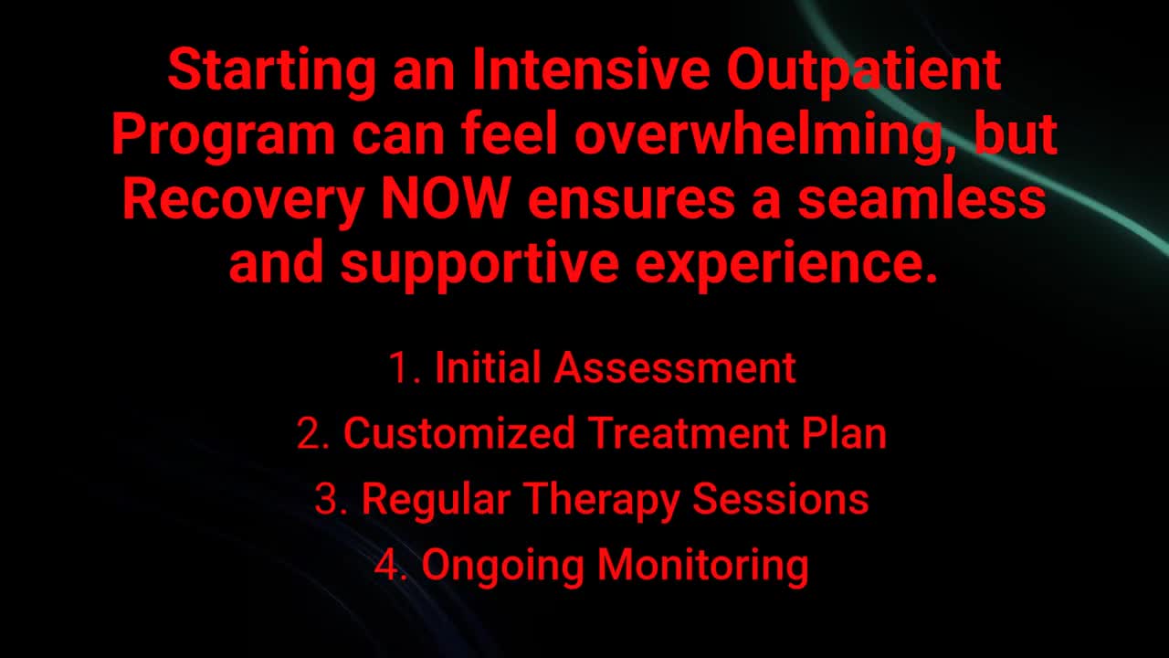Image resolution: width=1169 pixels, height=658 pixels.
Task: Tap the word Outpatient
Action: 864,71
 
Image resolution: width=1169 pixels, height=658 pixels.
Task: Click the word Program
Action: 224,135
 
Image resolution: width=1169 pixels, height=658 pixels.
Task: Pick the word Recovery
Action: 242,200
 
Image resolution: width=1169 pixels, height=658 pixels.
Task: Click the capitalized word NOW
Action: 444,199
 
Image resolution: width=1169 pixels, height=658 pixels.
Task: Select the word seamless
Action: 922,200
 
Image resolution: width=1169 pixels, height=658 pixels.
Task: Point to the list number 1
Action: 402,367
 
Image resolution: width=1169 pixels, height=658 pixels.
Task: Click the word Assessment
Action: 675,367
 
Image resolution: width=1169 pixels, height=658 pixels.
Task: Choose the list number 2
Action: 312,433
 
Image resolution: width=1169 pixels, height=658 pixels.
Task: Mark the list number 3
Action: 330,499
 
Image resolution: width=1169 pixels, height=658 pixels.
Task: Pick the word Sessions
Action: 780,499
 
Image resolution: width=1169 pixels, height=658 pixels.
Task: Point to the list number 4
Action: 390,565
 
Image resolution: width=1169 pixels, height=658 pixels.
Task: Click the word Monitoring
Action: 702,566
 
